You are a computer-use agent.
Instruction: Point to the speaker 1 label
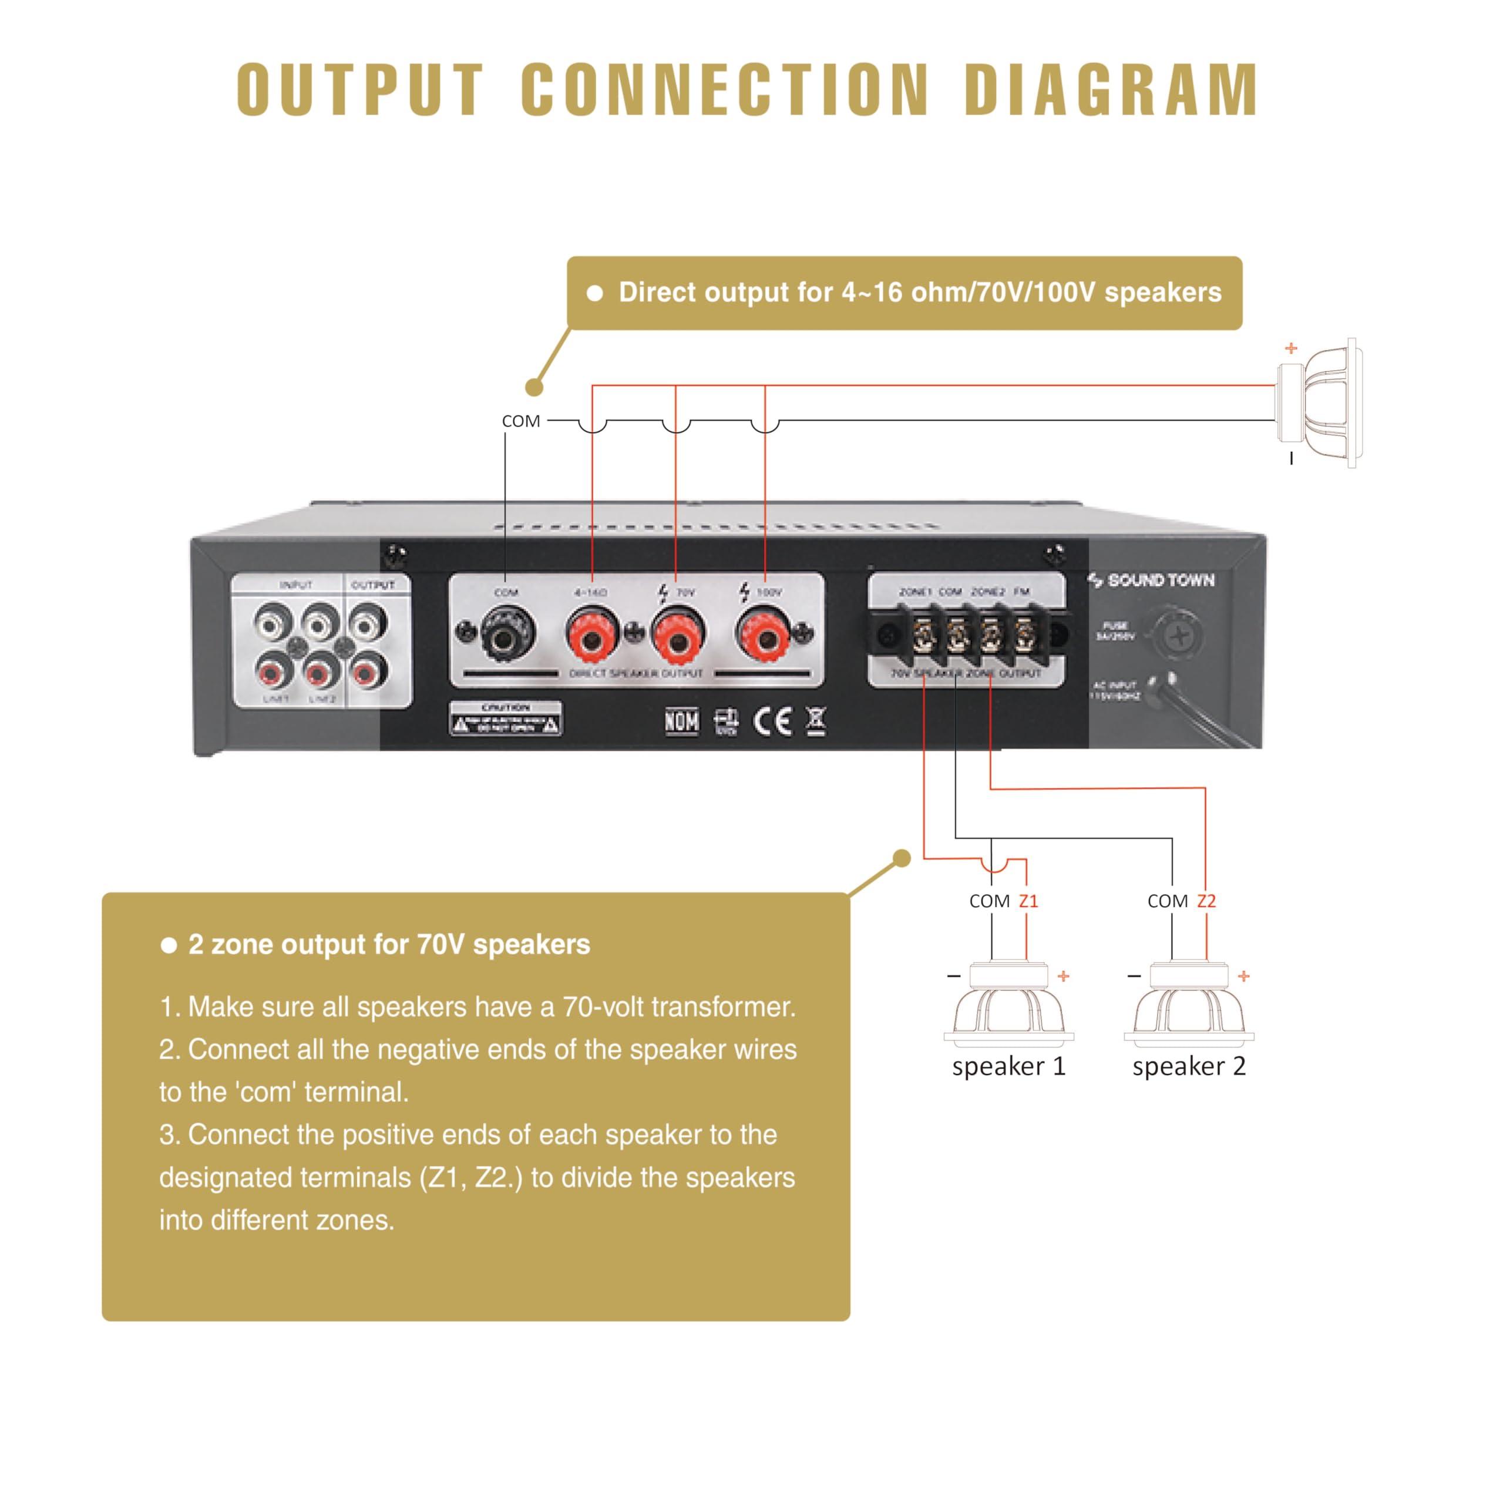(x=1008, y=1066)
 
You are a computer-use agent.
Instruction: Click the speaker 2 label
(x=1189, y=1066)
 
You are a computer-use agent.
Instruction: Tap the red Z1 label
(x=1028, y=901)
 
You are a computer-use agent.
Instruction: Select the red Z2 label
(x=1206, y=901)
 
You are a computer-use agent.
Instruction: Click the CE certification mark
(x=773, y=721)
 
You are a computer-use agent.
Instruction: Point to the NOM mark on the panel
(x=682, y=721)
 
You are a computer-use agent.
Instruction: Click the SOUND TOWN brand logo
(x=1152, y=580)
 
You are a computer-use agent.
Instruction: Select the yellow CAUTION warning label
(x=505, y=719)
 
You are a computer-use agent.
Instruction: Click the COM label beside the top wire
(x=520, y=421)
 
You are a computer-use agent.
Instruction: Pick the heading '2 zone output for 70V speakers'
(x=388, y=944)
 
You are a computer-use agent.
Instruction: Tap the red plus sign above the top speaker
(x=1292, y=348)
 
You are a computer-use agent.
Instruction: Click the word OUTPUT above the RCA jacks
(x=373, y=585)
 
